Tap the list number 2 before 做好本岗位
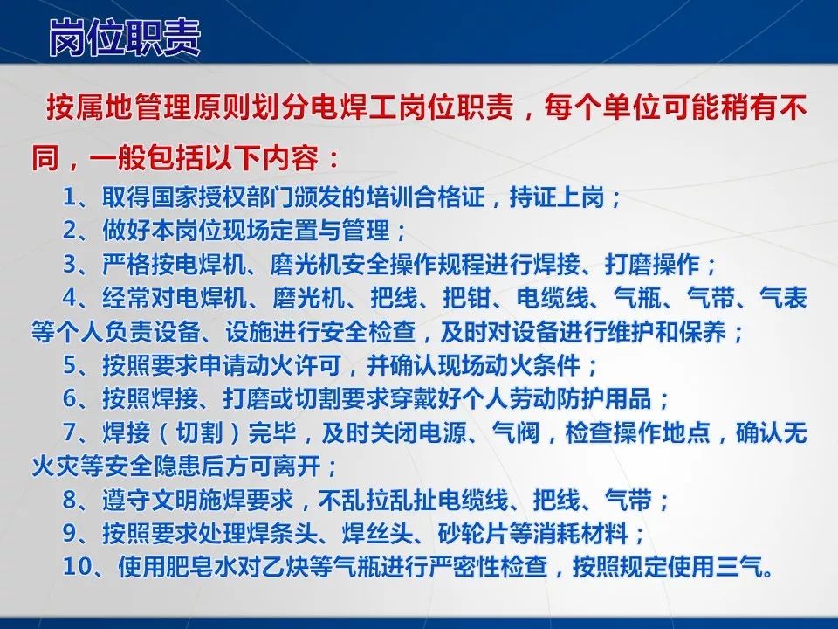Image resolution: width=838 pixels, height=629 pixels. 71,231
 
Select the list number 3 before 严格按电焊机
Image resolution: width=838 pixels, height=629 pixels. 71,264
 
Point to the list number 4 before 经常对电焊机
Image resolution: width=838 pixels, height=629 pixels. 71,298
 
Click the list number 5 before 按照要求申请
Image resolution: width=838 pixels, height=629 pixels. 71,364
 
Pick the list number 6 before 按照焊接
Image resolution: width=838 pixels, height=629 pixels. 71,398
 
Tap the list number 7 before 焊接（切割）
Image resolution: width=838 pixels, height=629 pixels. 71,432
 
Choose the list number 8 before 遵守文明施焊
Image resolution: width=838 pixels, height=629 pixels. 71,499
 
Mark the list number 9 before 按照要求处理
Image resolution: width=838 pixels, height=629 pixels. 71,532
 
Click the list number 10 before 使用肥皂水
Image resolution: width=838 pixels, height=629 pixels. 78,566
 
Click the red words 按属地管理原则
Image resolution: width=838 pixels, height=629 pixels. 131,112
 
